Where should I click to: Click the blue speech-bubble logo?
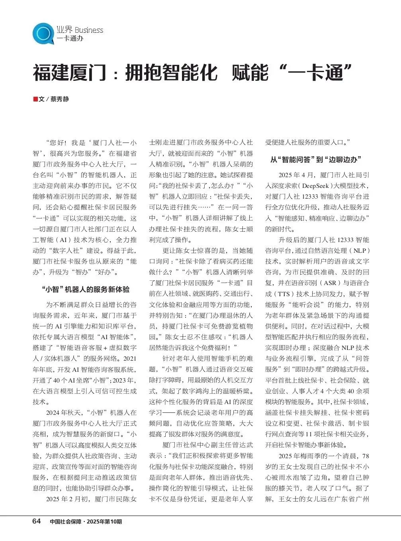coord(43,33)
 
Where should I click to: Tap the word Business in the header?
coord(89,30)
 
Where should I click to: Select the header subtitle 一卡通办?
coord(70,39)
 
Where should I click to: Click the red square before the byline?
coord(35,99)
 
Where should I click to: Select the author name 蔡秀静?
coord(59,99)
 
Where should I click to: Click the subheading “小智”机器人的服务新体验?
coord(85,289)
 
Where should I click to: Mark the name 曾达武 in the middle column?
coord(243,445)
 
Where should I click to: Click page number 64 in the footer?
coord(36,521)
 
